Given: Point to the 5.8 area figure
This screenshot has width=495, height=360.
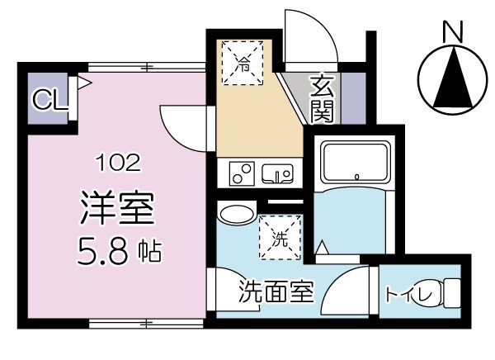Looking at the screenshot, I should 104,249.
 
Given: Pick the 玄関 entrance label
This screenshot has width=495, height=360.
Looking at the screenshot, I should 322,97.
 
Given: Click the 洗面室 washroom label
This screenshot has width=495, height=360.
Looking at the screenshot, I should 276,291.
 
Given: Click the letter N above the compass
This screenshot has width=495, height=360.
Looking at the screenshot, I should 450,32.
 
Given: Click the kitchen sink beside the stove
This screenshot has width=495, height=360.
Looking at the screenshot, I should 278,173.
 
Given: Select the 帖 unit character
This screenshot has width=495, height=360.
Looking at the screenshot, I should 150,250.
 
